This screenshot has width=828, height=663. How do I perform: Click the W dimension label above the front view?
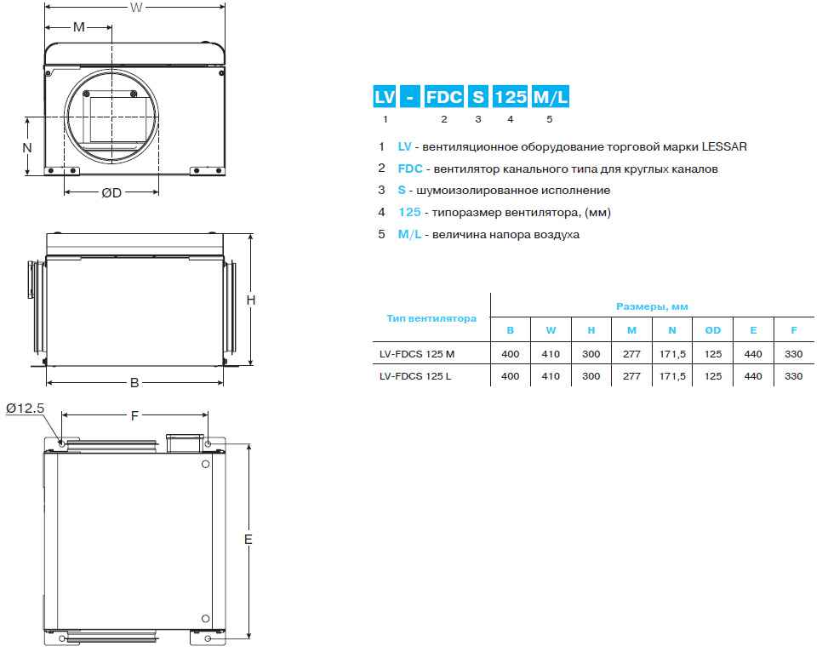click(x=136, y=8)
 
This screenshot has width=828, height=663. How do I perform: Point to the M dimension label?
click(x=78, y=26)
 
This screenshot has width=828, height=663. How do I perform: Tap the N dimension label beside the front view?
click(x=27, y=147)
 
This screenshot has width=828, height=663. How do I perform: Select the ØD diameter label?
click(x=111, y=193)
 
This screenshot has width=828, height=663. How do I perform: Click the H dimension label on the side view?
click(x=251, y=300)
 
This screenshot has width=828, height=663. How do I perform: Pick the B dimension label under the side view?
click(x=134, y=382)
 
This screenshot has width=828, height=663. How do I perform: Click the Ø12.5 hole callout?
click(x=25, y=408)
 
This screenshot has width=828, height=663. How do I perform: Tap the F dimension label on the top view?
click(x=134, y=416)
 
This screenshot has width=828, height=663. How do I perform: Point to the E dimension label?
click(x=248, y=540)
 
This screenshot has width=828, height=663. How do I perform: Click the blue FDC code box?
click(x=444, y=97)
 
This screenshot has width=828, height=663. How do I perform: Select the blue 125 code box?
click(x=510, y=97)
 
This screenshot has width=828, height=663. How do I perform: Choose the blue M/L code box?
click(x=551, y=97)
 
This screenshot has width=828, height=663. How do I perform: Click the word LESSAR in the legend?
click(x=724, y=147)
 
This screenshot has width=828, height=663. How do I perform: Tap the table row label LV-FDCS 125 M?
click(x=417, y=354)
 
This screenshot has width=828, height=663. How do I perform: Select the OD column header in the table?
click(x=712, y=330)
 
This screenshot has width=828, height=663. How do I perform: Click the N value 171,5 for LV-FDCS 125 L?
click(x=672, y=376)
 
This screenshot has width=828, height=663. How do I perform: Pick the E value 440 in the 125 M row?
click(x=753, y=354)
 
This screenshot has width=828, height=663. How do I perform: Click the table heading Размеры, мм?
click(x=652, y=306)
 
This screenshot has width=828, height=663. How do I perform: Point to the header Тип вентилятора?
click(x=431, y=318)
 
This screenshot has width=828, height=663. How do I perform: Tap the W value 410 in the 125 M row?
click(x=551, y=354)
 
